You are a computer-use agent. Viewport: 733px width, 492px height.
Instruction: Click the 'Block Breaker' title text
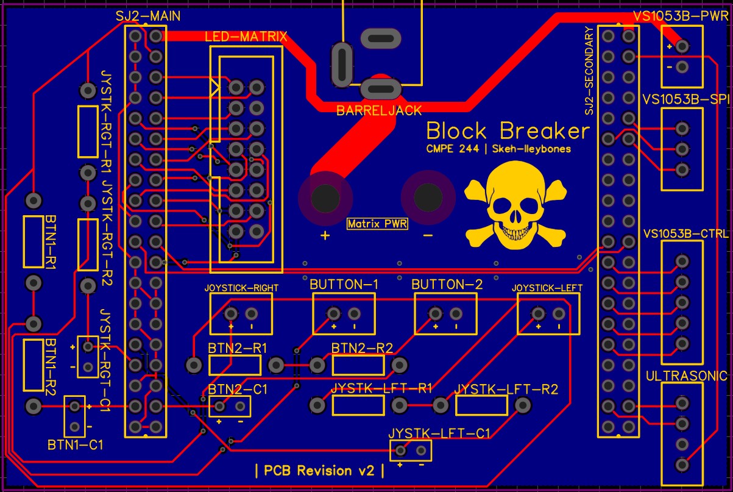coord(508,131)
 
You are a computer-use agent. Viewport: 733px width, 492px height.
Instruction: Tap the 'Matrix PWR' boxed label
coord(377,224)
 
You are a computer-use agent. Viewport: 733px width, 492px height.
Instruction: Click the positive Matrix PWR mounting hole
coord(325,198)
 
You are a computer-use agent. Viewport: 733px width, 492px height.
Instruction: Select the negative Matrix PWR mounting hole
coord(428,198)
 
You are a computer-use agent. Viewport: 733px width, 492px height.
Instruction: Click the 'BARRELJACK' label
coord(379,111)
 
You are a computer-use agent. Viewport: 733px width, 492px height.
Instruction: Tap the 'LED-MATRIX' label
coord(246,37)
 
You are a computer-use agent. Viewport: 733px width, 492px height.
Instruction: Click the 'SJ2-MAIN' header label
coord(148,16)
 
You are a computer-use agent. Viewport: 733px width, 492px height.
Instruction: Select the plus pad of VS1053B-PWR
coord(682,46)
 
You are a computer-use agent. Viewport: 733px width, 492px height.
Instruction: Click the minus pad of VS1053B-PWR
coord(682,67)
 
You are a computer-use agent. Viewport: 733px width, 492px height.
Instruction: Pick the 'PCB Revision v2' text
coord(319,471)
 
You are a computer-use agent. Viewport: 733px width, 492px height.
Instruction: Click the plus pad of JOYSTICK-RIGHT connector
coord(231,314)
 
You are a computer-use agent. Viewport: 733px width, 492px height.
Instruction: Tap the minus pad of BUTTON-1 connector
coord(354,314)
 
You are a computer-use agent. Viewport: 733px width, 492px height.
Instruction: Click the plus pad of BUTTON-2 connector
coord(436,314)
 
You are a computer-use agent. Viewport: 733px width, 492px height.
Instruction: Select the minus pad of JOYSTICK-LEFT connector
coord(559,314)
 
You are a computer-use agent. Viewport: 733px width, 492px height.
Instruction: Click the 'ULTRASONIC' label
coord(687,376)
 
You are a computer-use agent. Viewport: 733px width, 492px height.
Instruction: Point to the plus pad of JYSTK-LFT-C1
coord(400,451)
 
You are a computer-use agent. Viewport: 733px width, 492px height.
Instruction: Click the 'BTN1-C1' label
coord(76,445)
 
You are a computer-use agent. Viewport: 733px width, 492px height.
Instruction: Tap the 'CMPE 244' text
coord(452,149)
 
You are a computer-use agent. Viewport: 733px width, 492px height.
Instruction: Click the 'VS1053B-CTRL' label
coord(686,234)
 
